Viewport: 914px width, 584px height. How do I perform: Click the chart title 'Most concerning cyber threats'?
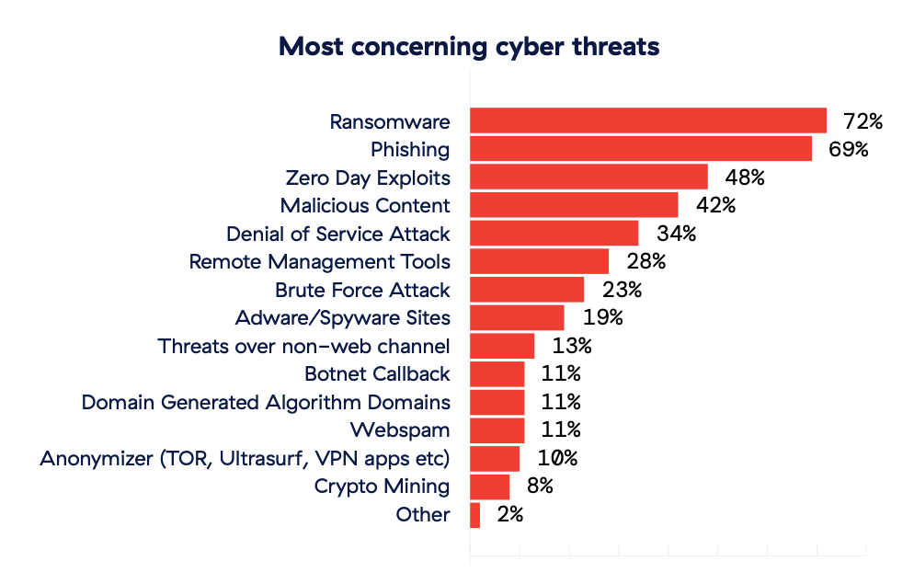coord(469,47)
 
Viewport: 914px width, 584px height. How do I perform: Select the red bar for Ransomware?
coord(648,121)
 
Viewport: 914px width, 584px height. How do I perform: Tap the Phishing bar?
coord(641,149)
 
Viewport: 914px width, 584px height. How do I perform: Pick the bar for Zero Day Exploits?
coord(588,177)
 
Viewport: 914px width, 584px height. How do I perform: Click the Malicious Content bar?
coord(574,205)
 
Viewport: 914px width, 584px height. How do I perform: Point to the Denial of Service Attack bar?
coord(554,234)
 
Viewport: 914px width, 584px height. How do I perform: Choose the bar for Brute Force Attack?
coord(527,290)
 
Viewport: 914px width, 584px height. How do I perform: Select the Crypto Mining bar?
coord(489,487)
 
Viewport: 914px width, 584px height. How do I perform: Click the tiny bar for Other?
coord(474,515)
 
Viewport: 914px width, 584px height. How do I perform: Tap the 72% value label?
coord(863,121)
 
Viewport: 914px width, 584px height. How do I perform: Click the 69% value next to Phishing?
coord(848,149)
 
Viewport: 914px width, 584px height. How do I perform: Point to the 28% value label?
coord(646,262)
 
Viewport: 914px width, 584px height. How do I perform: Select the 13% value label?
coord(571,347)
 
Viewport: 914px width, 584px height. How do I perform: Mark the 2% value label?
coord(509,515)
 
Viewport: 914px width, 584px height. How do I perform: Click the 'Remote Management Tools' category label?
coord(319,262)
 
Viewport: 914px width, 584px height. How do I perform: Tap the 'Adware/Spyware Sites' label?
coord(342,318)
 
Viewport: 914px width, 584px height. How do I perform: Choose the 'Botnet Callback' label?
coord(377,374)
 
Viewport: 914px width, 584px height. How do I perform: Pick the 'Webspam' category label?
coord(400,430)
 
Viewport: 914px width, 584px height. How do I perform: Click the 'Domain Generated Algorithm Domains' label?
coord(266,403)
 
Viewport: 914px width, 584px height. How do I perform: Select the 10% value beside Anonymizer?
coord(556,459)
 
